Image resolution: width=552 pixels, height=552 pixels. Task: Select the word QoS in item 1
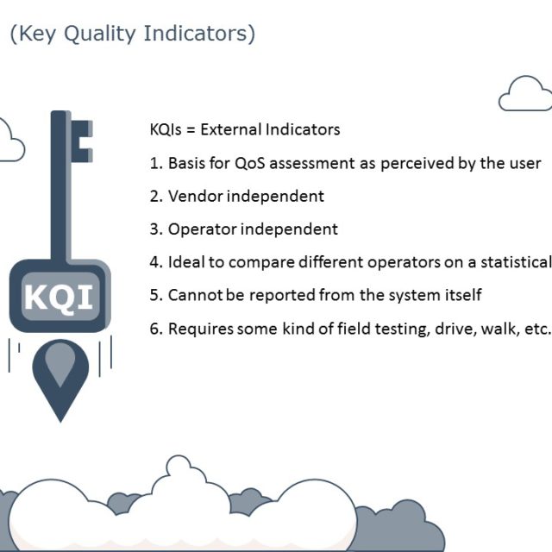[250, 163]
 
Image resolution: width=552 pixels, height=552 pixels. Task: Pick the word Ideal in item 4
[185, 262]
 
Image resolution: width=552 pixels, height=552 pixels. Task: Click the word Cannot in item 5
[194, 295]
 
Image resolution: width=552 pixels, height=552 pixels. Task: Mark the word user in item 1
[525, 163]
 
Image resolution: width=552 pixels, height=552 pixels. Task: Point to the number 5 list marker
[154, 295]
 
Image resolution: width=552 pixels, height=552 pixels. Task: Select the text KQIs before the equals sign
[166, 129]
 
